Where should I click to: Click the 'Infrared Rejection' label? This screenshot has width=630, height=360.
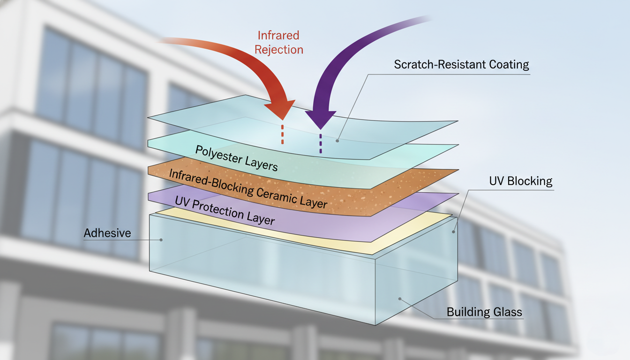(279, 43)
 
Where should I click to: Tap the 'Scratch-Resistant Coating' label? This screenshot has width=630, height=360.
(461, 65)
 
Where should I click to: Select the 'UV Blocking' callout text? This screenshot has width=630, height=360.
(520, 181)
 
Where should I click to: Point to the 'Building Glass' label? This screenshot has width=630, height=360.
(484, 312)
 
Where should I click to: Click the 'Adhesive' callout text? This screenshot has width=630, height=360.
(107, 233)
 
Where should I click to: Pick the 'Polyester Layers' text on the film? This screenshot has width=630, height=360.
(236, 158)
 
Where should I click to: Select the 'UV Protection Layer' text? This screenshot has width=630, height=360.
(225, 210)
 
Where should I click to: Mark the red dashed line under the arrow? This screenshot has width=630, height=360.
(282, 134)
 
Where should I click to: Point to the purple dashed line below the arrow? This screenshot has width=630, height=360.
(321, 143)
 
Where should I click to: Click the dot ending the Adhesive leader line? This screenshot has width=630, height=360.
(161, 240)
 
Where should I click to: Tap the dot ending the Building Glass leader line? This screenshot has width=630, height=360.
(399, 298)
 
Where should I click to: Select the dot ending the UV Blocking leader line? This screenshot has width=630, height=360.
(454, 231)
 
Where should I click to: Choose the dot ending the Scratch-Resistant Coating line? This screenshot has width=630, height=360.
(338, 139)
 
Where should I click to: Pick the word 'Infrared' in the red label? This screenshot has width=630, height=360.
(279, 36)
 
